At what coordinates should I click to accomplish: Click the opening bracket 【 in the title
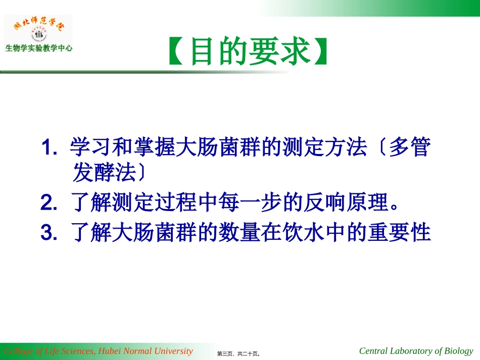tap(177, 52)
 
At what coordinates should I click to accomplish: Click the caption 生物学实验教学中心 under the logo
tap(39, 49)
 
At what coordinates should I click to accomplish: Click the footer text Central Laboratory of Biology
tap(416, 351)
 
